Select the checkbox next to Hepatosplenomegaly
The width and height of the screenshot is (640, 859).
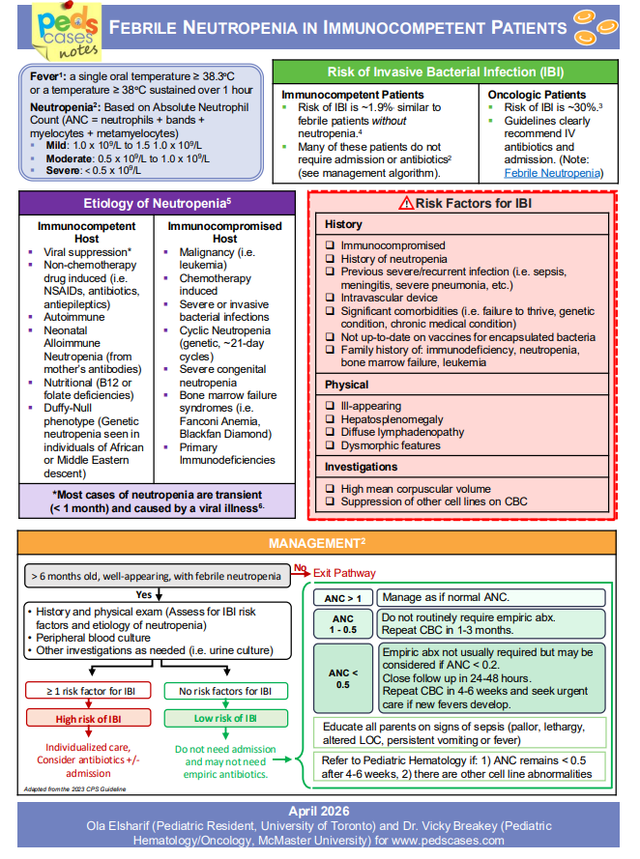click(331, 419)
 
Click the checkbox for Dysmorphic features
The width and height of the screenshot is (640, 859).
click(331, 446)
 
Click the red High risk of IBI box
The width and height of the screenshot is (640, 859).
click(89, 718)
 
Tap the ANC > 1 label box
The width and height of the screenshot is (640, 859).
click(342, 598)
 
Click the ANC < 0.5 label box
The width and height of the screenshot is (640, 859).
click(342, 677)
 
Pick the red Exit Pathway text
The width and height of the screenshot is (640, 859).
click(344, 573)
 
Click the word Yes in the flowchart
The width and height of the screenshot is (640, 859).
click(144, 594)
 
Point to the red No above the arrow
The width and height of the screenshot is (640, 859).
click(300, 567)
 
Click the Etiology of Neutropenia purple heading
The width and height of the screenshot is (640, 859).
click(157, 204)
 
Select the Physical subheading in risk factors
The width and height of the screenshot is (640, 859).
click(346, 385)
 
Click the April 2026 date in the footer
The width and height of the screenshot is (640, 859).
click(319, 811)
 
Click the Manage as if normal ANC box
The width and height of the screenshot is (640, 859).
click(491, 598)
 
